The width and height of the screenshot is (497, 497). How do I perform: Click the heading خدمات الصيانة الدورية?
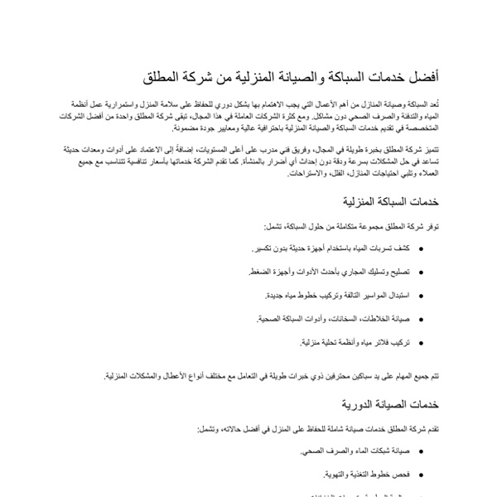(x=390, y=405)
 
